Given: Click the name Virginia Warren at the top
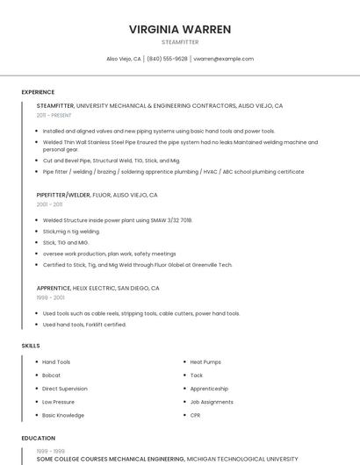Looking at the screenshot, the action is [x=180, y=29].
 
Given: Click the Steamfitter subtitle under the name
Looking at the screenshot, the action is [x=180, y=42].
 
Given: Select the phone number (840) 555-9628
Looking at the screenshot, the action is [x=167, y=59].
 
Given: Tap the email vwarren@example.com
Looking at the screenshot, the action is [x=223, y=59].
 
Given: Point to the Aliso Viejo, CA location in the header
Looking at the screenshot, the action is [x=124, y=59].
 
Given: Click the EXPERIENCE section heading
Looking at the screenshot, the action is [x=38, y=92].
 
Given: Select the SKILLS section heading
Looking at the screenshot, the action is [x=31, y=346].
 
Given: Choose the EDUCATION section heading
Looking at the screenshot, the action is [x=38, y=438].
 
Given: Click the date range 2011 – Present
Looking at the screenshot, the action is [x=54, y=115].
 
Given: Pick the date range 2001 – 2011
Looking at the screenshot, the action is [x=49, y=204].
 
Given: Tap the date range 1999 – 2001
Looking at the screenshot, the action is [x=50, y=297].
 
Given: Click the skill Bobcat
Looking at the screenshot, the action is [x=52, y=376].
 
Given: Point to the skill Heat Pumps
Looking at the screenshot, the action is [x=205, y=362].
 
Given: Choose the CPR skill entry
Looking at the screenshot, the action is [x=195, y=415].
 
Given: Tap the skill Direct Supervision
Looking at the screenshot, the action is [x=65, y=389].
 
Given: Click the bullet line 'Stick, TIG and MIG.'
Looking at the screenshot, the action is [x=66, y=242].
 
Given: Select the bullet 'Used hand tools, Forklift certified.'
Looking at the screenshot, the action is [x=84, y=325].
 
